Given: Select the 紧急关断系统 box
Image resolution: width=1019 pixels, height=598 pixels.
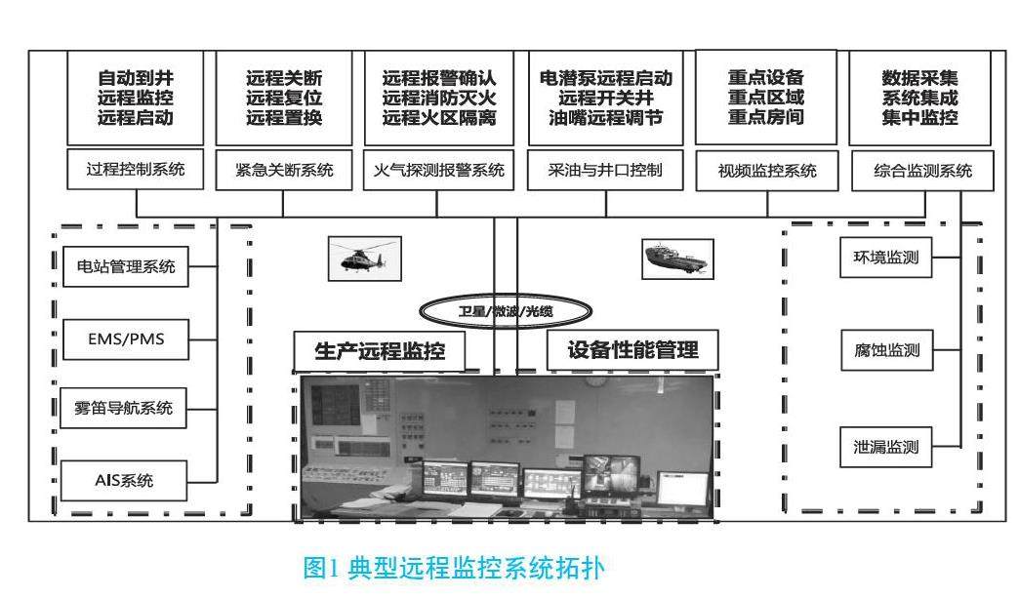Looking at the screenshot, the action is pos(284,171).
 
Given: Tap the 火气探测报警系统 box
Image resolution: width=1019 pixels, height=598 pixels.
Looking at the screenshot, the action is pos(439,171).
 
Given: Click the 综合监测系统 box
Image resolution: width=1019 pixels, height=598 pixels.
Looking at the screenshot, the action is pos(922,172).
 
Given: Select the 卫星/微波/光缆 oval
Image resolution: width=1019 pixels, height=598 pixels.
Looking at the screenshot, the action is pos(493,311).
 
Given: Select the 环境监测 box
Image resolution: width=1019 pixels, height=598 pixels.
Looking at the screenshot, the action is pos(886,259).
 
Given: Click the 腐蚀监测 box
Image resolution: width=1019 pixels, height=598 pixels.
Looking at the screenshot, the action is pos(886,350).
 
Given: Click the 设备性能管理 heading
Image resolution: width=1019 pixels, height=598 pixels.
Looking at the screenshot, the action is pos(633,350).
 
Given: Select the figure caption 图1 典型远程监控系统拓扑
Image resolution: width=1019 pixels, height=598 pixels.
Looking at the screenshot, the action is pos(458,568).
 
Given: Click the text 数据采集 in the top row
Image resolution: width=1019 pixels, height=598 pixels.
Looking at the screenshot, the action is pos(919,77).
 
